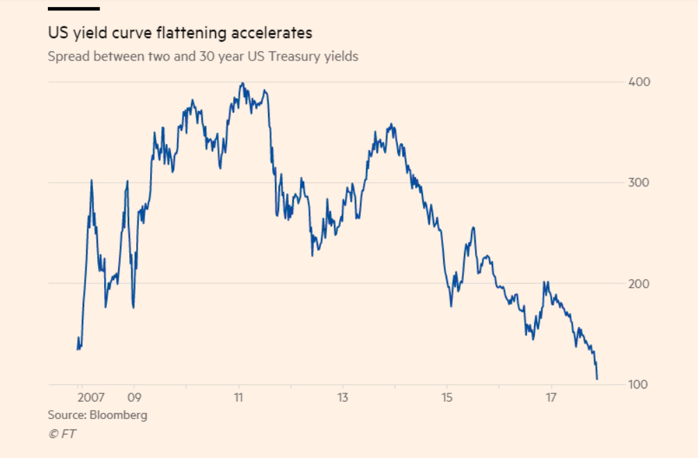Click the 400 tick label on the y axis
pyautogui.click(x=639, y=82)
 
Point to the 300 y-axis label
pyautogui.click(x=639, y=183)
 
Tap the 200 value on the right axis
pyautogui.click(x=639, y=284)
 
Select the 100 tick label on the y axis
pyautogui.click(x=639, y=384)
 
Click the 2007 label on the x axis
pyautogui.click(x=91, y=398)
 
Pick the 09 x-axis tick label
pyautogui.click(x=135, y=398)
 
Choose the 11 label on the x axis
pyautogui.click(x=238, y=398)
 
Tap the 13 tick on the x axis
pyautogui.click(x=342, y=398)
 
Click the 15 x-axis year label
pyautogui.click(x=447, y=398)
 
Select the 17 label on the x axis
pyautogui.click(x=551, y=398)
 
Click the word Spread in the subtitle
pyautogui.click(x=66, y=57)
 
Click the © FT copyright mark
pyautogui.click(x=62, y=434)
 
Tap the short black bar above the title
pyautogui.click(x=74, y=8)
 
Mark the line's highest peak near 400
pyautogui.click(x=242, y=83)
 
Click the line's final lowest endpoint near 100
pyautogui.click(x=597, y=379)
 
